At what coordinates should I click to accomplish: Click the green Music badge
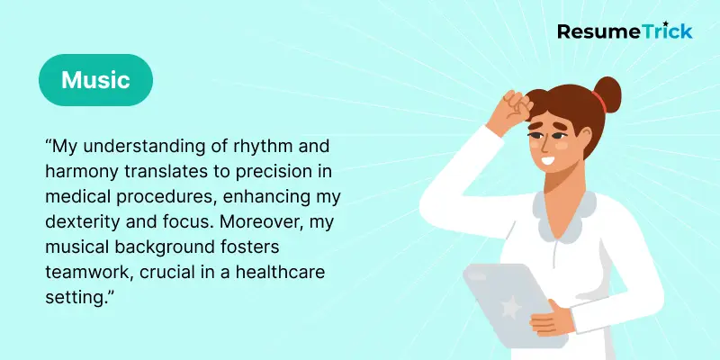[x=95, y=80]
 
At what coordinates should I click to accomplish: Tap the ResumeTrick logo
[x=625, y=31]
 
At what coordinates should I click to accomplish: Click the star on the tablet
[x=509, y=308]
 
